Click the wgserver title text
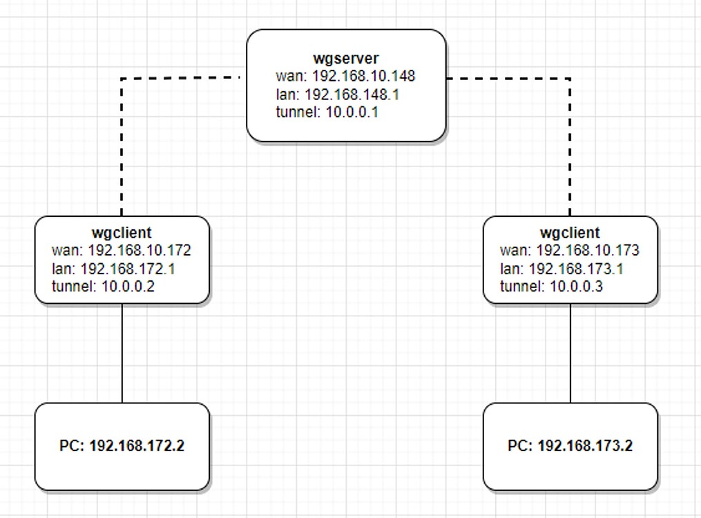pyautogui.click(x=345, y=58)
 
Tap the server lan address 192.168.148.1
pyautogui.click(x=352, y=94)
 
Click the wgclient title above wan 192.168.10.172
pyautogui.click(x=122, y=233)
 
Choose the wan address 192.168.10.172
pyautogui.click(x=139, y=250)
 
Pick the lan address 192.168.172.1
pyautogui.click(x=128, y=268)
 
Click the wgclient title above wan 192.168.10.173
pyautogui.click(x=570, y=233)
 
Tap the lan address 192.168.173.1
pyautogui.click(x=576, y=268)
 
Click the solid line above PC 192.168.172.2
pyautogui.click(x=122, y=353)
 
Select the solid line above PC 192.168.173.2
pyautogui.click(x=570, y=353)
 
